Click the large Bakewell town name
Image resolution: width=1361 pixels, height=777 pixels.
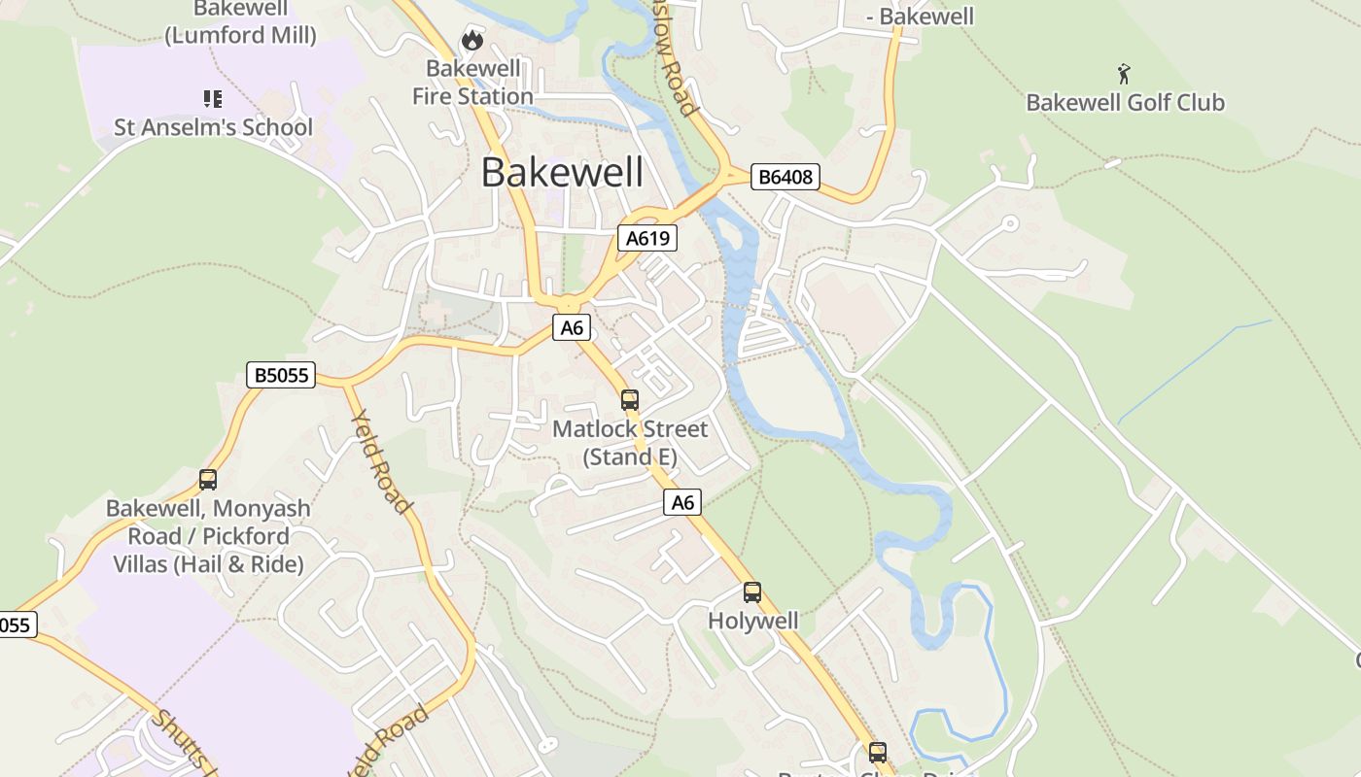point(562,173)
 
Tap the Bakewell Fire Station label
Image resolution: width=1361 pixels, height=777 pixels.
point(472,83)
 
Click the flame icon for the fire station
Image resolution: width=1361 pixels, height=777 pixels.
point(472,40)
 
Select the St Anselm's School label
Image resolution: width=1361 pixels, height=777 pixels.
point(214,127)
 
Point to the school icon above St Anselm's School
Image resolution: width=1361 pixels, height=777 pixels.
point(213,98)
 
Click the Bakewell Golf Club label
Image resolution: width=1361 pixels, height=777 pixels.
point(1125,102)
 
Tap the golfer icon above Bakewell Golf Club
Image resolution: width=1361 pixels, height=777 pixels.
point(1124,73)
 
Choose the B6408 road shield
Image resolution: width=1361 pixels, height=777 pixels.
point(785,177)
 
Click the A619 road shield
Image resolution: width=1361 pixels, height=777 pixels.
point(646,238)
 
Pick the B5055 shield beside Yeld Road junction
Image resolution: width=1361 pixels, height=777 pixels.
point(281,375)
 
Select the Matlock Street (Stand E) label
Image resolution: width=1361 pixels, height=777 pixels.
point(630,443)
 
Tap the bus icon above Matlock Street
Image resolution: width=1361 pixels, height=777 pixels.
point(630,399)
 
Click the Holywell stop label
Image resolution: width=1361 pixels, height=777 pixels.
point(752,621)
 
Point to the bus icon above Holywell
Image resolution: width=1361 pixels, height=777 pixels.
point(752,591)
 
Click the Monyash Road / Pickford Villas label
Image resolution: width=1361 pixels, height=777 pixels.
point(209,536)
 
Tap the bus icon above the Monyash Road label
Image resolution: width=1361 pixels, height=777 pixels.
point(208,479)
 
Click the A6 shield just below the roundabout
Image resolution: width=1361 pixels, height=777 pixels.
point(572,328)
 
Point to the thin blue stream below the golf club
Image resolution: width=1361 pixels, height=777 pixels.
point(1196,369)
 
